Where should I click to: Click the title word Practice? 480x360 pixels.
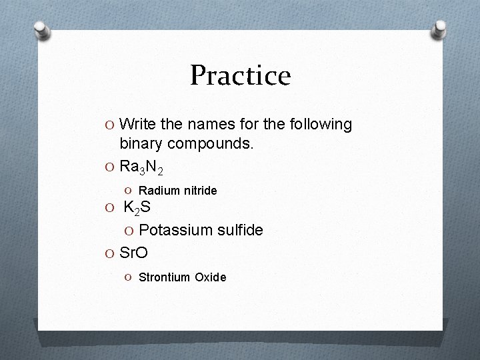(x=240, y=75)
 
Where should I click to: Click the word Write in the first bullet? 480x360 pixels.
(x=140, y=125)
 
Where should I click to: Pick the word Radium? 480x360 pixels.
(x=158, y=191)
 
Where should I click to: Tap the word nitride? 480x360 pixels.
(x=199, y=191)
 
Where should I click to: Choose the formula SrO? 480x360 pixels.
(x=133, y=253)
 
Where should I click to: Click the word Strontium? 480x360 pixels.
(x=164, y=277)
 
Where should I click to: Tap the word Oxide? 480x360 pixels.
(x=211, y=277)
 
